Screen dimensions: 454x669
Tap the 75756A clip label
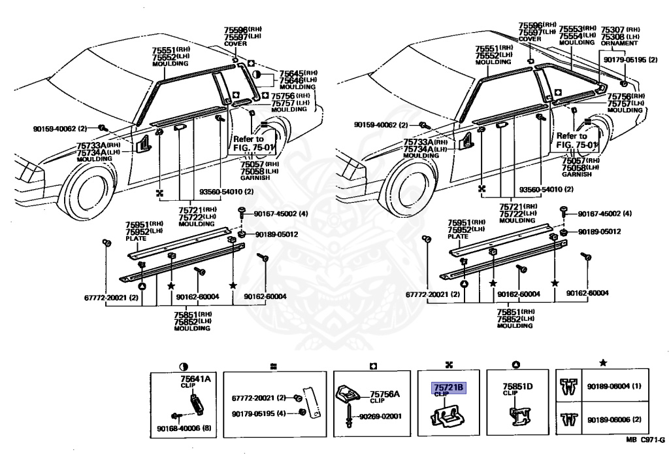(x=385, y=394)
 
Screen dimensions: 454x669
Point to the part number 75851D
(x=517, y=387)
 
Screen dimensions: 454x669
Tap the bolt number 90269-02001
(x=378, y=416)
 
